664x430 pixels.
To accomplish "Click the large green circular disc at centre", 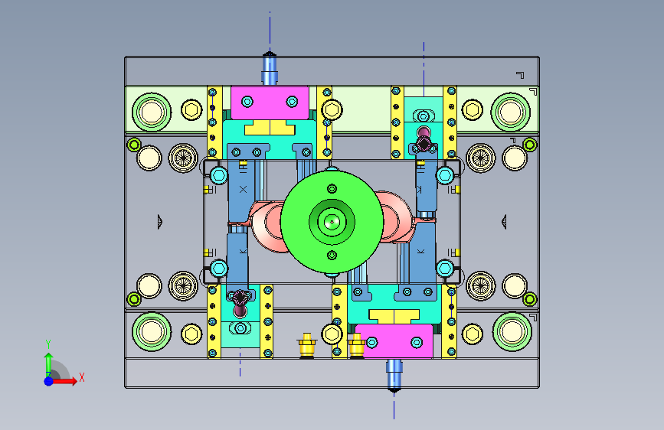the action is (332, 222).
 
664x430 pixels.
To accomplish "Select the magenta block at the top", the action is (270, 103).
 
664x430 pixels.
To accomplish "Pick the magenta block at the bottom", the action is (394, 341).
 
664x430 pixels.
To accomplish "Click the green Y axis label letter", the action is (48, 344).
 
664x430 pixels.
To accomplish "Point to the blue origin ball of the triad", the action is (49, 381).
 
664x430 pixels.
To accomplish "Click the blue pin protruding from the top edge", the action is (270, 68).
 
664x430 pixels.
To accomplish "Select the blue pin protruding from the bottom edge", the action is (394, 376).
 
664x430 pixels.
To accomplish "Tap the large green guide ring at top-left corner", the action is (152, 112).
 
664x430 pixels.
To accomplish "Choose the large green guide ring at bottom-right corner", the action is (512, 332).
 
